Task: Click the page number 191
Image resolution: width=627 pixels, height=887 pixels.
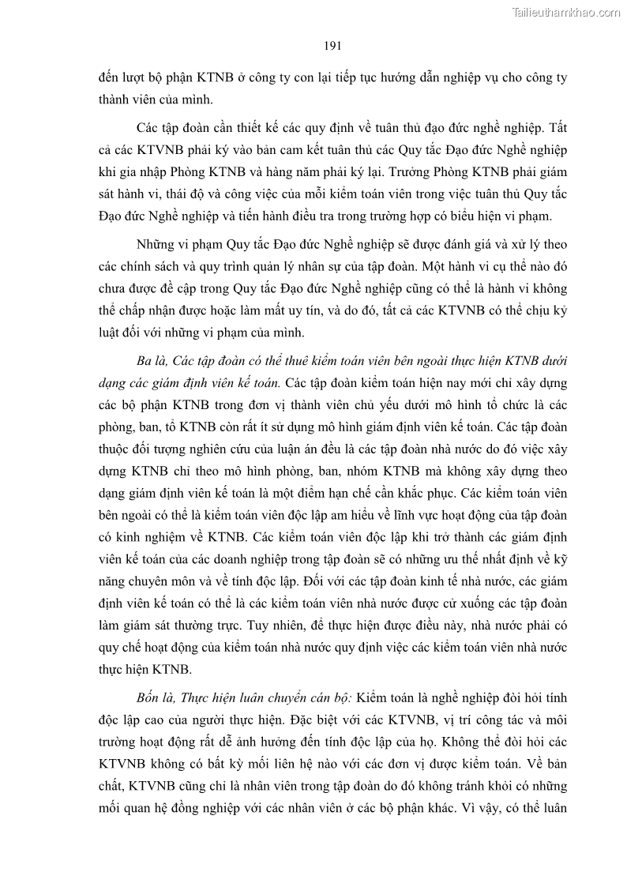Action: [x=332, y=46]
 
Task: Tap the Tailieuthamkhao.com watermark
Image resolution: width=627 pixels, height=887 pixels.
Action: [x=566, y=12]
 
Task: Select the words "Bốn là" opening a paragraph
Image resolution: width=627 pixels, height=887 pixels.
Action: [x=156, y=698]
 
